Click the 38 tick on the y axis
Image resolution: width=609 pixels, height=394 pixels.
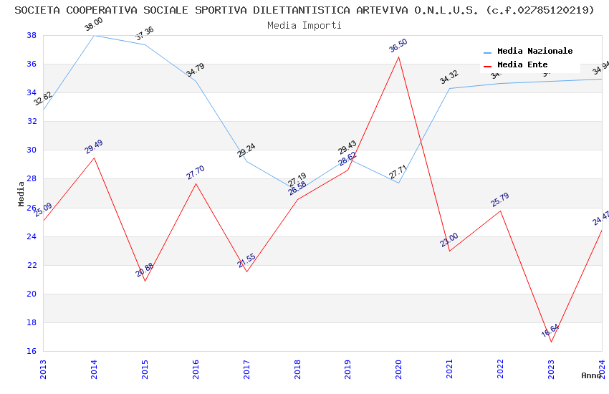(32, 35)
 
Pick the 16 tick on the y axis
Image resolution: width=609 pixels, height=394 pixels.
(32, 351)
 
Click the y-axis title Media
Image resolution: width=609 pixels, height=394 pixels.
(21, 193)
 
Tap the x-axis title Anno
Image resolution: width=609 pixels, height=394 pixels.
(591, 375)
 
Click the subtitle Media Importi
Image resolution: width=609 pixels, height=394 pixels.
(304, 25)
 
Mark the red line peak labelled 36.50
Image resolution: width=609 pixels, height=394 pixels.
(398, 57)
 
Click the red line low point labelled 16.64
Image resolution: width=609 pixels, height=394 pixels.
(551, 342)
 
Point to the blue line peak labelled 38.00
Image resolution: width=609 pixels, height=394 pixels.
(94, 35)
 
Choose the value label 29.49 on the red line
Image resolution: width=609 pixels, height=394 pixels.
(94, 147)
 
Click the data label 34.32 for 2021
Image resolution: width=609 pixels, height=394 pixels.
(449, 77)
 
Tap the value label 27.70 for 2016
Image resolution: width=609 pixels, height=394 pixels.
(196, 172)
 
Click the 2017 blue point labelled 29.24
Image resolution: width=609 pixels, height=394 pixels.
(246, 161)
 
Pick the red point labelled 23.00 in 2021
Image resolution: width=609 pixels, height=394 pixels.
(449, 251)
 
